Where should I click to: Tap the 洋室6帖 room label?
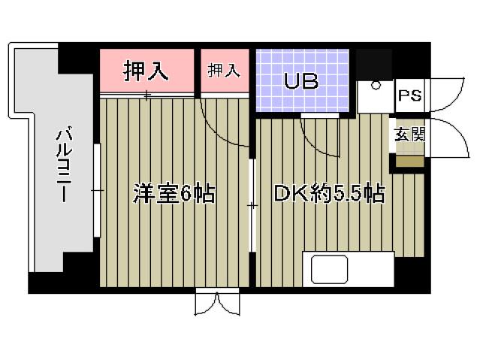174,194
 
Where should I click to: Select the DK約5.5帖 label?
328,194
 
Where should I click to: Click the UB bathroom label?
301,81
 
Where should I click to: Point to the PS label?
409,96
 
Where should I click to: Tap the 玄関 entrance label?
409,135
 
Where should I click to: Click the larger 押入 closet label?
147,71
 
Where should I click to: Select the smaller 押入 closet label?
223,71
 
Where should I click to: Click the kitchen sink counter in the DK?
347,269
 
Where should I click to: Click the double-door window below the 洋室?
216,303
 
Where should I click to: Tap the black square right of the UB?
374,63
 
